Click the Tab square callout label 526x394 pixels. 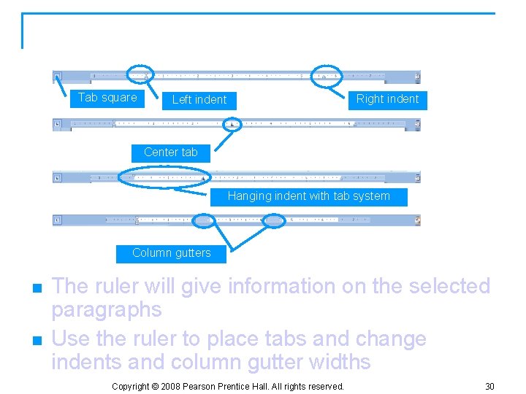point(107,98)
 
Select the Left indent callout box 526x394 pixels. point(199,100)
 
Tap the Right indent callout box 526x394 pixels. point(387,99)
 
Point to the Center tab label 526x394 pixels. point(171,152)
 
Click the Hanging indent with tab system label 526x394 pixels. point(308,196)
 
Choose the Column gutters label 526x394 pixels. point(171,253)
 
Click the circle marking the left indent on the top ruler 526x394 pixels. point(140,74)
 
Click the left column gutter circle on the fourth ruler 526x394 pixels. point(205,220)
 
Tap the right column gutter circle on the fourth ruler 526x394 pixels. point(274,220)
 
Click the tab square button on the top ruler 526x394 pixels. point(57,74)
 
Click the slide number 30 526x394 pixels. point(489,385)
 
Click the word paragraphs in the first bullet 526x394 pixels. point(106,310)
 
